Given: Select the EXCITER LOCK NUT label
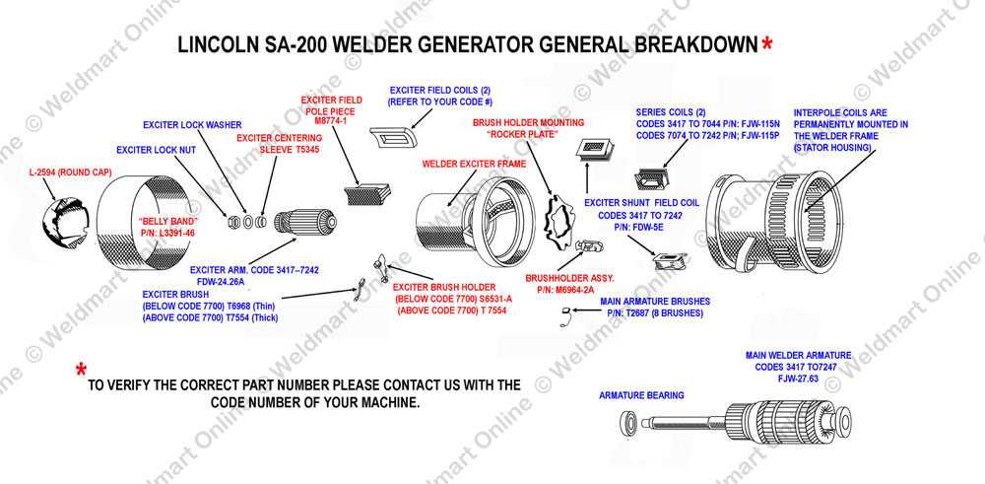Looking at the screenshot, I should [x=157, y=150].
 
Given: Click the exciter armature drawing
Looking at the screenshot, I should [x=299, y=227].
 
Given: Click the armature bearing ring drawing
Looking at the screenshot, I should [x=628, y=425].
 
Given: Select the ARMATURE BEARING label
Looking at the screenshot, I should [x=642, y=394].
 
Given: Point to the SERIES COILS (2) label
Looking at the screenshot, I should [x=672, y=112].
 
